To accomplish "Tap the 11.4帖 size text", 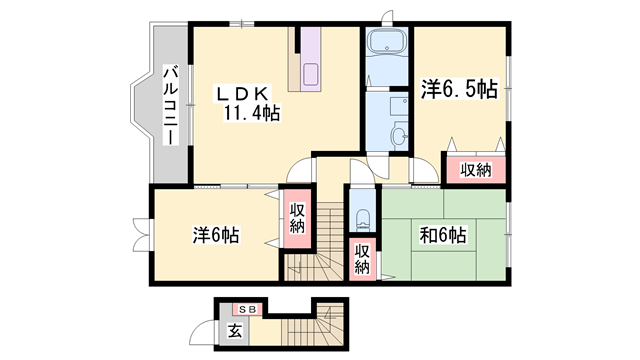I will [x=250, y=113].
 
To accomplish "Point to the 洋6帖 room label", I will [x=216, y=237].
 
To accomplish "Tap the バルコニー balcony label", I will [x=171, y=103].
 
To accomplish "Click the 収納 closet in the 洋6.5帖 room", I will [x=476, y=169].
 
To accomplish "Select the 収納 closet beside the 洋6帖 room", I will [x=298, y=218].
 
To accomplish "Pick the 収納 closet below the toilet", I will [x=362, y=258].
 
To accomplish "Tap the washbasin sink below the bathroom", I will [x=399, y=135].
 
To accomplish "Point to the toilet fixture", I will [x=361, y=219].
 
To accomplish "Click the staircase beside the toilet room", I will [x=319, y=240].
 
